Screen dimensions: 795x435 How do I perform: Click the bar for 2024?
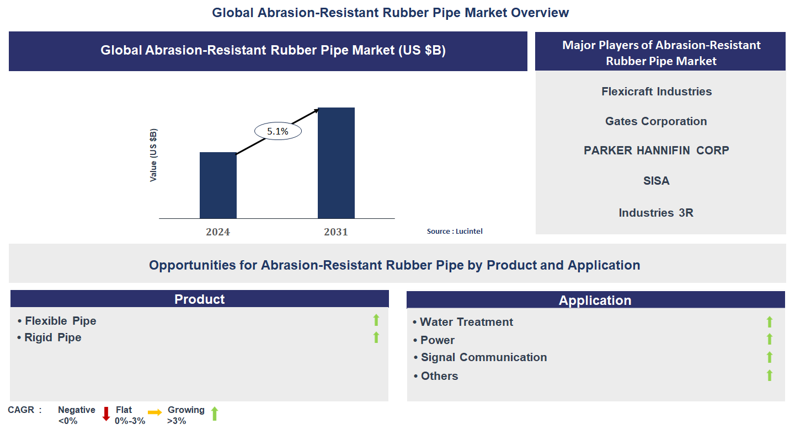point(218,185)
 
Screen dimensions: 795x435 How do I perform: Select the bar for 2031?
point(336,163)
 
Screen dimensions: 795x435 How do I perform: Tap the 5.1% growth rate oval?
point(278,131)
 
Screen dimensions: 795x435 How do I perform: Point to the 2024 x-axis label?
point(218,232)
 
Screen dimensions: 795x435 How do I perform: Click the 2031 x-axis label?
point(336,232)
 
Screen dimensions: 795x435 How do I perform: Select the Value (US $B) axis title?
point(153,155)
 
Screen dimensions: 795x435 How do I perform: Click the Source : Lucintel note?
point(455,232)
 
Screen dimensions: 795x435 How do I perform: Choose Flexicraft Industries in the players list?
point(657,92)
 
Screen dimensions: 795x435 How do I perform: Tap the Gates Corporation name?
point(656,121)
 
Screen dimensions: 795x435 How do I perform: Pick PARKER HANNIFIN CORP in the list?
point(656,151)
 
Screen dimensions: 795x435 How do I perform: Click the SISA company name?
point(656,181)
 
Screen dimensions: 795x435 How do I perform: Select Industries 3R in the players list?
point(656,213)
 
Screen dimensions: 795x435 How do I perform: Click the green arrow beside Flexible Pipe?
point(376,320)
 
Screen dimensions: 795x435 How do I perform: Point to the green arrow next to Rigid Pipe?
point(376,337)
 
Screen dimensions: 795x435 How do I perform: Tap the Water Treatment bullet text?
point(466,322)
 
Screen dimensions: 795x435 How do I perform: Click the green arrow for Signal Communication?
point(770,357)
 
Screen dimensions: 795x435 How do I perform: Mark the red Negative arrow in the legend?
point(106,414)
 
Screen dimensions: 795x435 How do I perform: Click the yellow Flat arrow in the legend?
point(154,412)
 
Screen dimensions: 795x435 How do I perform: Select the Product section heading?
point(200,299)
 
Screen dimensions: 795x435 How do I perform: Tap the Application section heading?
point(595,300)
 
